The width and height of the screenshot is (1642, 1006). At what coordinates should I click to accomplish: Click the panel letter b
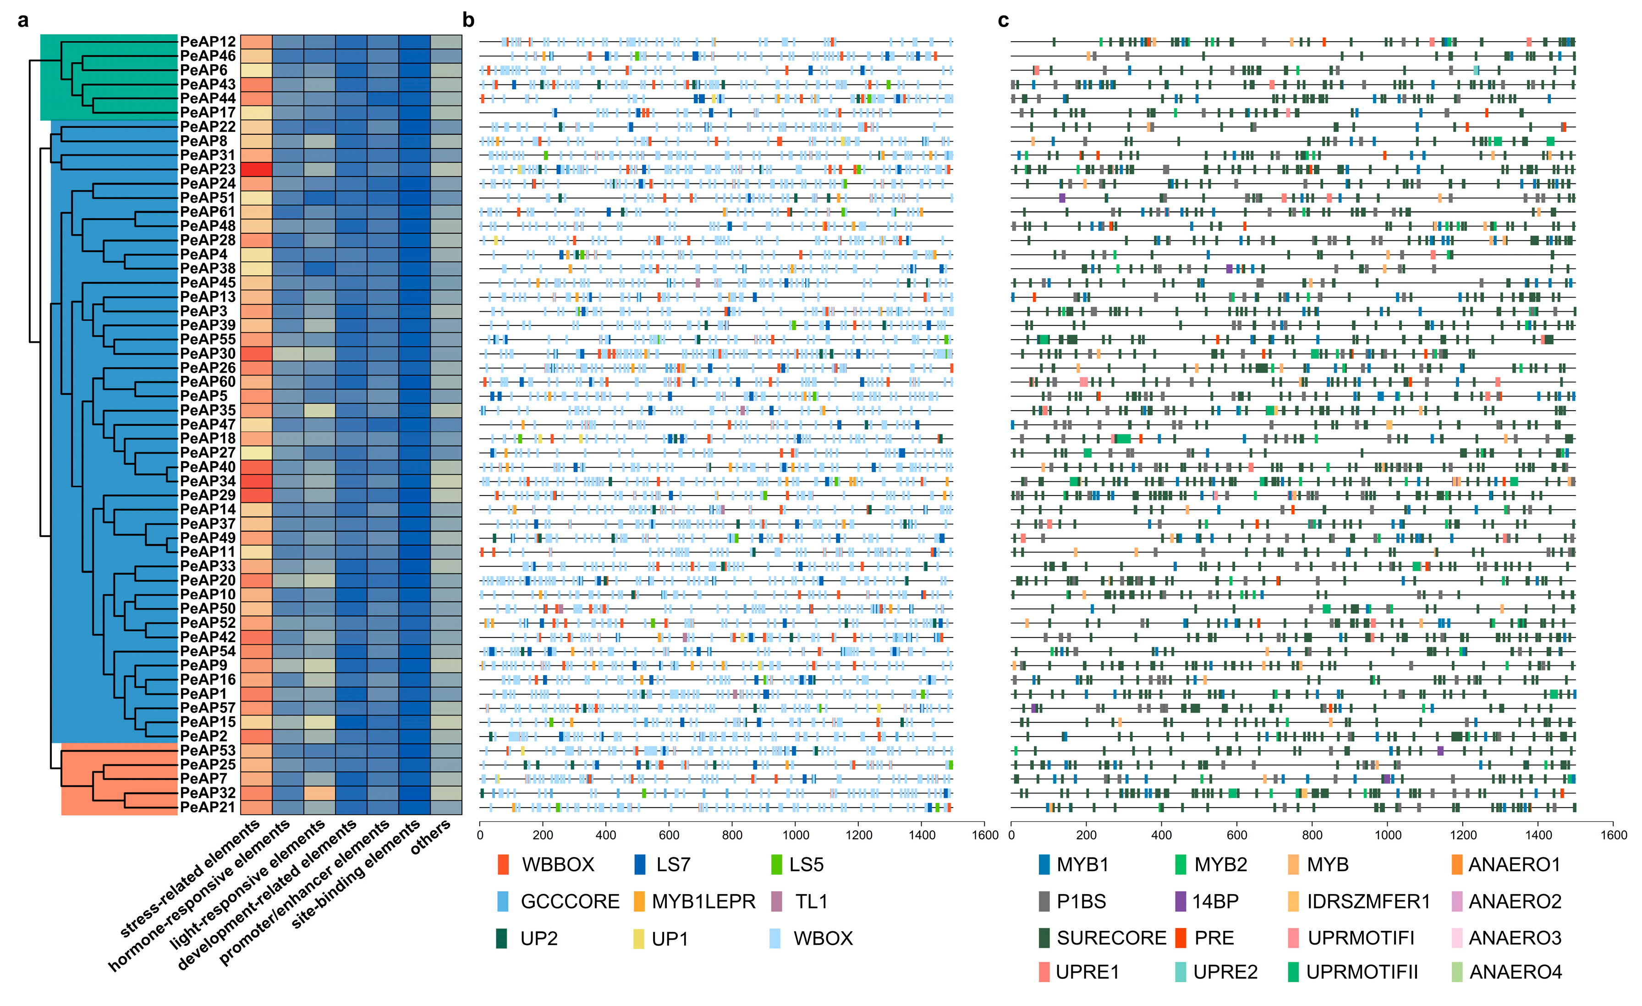tap(468, 21)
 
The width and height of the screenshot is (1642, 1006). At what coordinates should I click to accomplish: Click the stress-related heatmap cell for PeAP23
tap(256, 169)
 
